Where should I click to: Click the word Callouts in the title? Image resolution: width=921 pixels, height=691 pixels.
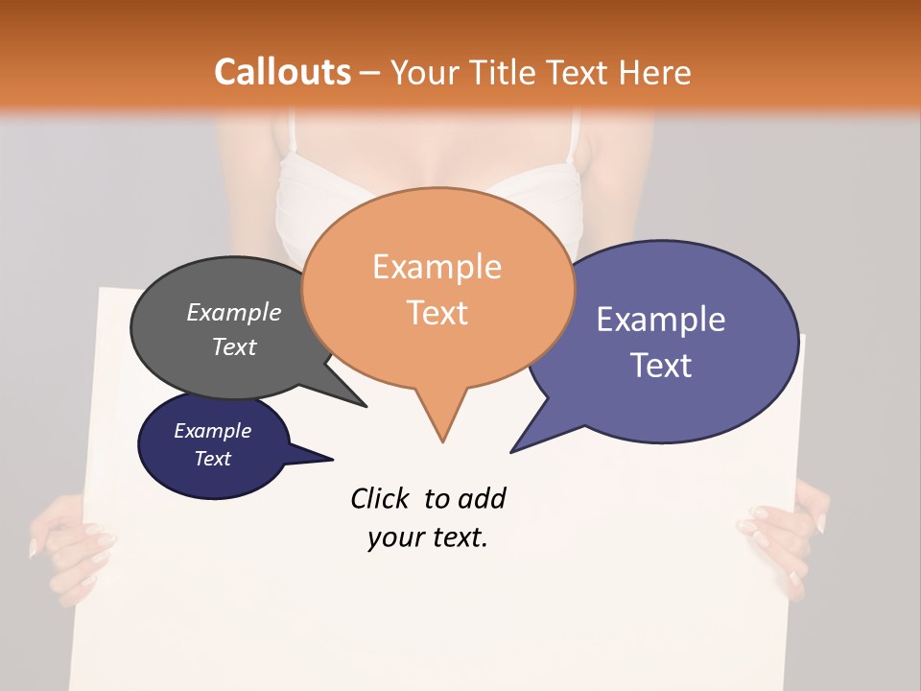pyautogui.click(x=282, y=72)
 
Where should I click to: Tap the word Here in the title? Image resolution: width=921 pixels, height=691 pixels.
pyautogui.click(x=655, y=72)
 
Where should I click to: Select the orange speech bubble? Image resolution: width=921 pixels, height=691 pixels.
pyautogui.click(x=437, y=288)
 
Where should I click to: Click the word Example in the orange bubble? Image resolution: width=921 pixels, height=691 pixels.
pyautogui.click(x=437, y=267)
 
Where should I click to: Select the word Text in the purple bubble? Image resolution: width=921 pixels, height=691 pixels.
pyautogui.click(x=661, y=366)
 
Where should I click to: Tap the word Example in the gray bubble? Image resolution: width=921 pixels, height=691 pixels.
pyautogui.click(x=233, y=313)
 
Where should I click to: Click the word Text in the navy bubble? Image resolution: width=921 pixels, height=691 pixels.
pyautogui.click(x=212, y=459)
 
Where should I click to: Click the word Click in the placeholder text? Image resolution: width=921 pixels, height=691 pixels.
pyautogui.click(x=380, y=498)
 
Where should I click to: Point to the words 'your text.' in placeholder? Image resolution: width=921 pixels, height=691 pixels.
pyautogui.click(x=428, y=537)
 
